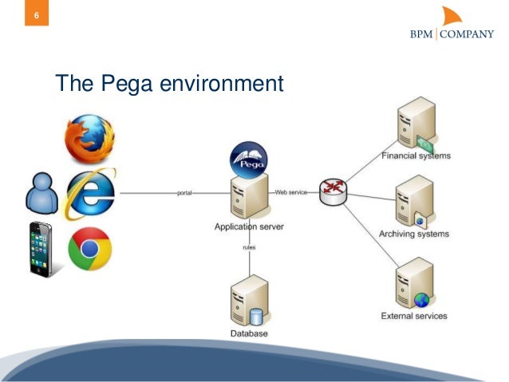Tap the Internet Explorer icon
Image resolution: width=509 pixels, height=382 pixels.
[90, 193]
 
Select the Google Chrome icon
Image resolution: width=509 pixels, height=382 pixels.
[89, 249]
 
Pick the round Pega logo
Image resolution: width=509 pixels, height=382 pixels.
[248, 159]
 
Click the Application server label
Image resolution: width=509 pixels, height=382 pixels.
[248, 227]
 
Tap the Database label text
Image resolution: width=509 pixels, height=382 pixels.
[248, 333]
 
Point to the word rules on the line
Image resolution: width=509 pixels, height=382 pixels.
[248, 248]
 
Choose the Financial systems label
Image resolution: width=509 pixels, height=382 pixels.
[415, 156]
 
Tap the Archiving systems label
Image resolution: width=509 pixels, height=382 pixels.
[413, 234]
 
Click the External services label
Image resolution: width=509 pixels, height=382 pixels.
[413, 316]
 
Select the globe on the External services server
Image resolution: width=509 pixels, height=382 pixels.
[421, 300]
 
